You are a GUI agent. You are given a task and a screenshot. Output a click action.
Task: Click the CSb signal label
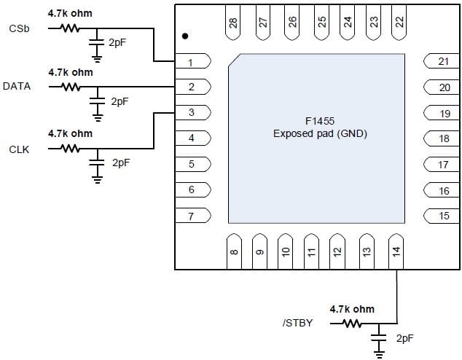click(19, 28)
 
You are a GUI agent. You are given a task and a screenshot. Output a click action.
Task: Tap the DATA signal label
click(17, 86)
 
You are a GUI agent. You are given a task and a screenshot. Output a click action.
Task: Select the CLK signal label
click(19, 149)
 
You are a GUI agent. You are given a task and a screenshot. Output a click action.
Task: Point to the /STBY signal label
click(297, 323)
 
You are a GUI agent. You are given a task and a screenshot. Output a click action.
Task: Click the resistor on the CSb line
click(70, 28)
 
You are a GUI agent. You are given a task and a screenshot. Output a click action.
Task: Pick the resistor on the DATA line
click(71, 87)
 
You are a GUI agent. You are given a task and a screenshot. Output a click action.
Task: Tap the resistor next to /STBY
click(352, 324)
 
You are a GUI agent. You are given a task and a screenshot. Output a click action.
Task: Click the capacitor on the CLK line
click(97, 163)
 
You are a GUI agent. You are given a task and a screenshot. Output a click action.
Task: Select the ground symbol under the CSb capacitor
click(97, 59)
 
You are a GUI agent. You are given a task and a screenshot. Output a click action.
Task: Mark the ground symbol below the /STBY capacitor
click(379, 354)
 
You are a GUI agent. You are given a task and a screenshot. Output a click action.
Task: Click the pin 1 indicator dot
click(185, 36)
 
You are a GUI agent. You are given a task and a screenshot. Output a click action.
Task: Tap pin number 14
click(396, 251)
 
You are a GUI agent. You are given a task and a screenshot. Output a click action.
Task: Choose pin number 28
click(232, 23)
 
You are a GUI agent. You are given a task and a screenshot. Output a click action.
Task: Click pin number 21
click(444, 61)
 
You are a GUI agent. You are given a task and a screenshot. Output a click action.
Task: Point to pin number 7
click(191, 216)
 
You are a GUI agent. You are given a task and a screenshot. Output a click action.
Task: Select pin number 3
click(192, 112)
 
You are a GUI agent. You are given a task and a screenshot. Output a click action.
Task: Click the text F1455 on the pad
click(320, 121)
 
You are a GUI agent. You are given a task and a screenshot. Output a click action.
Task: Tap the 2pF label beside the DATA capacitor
click(120, 101)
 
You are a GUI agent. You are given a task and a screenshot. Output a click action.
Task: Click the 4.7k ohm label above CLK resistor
click(71, 133)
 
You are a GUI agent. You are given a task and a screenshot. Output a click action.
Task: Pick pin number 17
click(443, 165)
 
